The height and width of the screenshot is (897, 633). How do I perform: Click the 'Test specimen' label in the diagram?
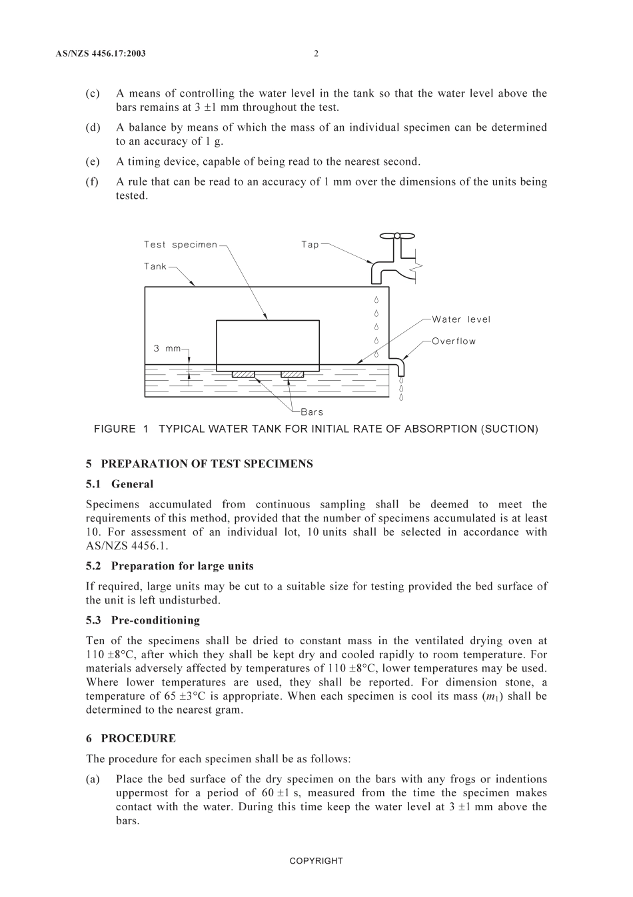pyautogui.click(x=181, y=245)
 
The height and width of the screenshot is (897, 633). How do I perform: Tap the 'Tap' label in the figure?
pyautogui.click(x=310, y=245)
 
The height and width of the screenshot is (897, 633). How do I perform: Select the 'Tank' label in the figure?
pyautogui.click(x=155, y=267)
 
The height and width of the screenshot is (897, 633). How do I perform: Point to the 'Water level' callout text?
pyautogui.click(x=460, y=319)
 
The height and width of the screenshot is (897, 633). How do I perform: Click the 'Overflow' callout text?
pyautogui.click(x=454, y=341)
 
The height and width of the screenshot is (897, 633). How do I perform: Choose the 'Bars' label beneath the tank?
pyautogui.click(x=312, y=412)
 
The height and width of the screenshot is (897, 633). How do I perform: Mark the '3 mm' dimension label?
pyautogui.click(x=167, y=348)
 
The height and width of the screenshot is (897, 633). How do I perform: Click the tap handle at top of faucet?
pyautogui.click(x=396, y=235)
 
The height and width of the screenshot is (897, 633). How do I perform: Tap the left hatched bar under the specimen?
pyautogui.click(x=243, y=374)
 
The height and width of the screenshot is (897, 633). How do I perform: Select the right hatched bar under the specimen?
pyautogui.click(x=292, y=374)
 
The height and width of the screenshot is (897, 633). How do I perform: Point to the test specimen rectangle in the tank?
pyautogui.click(x=267, y=344)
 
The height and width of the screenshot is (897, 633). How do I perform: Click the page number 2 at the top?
pyautogui.click(x=316, y=53)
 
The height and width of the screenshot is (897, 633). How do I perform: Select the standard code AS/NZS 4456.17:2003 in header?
pyautogui.click(x=101, y=53)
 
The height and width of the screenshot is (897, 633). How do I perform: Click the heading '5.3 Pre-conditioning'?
pyautogui.click(x=143, y=620)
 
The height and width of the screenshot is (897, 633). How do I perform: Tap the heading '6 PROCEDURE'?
pyautogui.click(x=131, y=738)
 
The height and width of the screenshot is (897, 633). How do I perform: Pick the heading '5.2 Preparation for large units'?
pyautogui.click(x=169, y=566)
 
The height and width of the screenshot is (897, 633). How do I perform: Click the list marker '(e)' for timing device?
pyautogui.click(x=93, y=161)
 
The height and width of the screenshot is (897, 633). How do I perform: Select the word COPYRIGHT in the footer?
pyautogui.click(x=316, y=861)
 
